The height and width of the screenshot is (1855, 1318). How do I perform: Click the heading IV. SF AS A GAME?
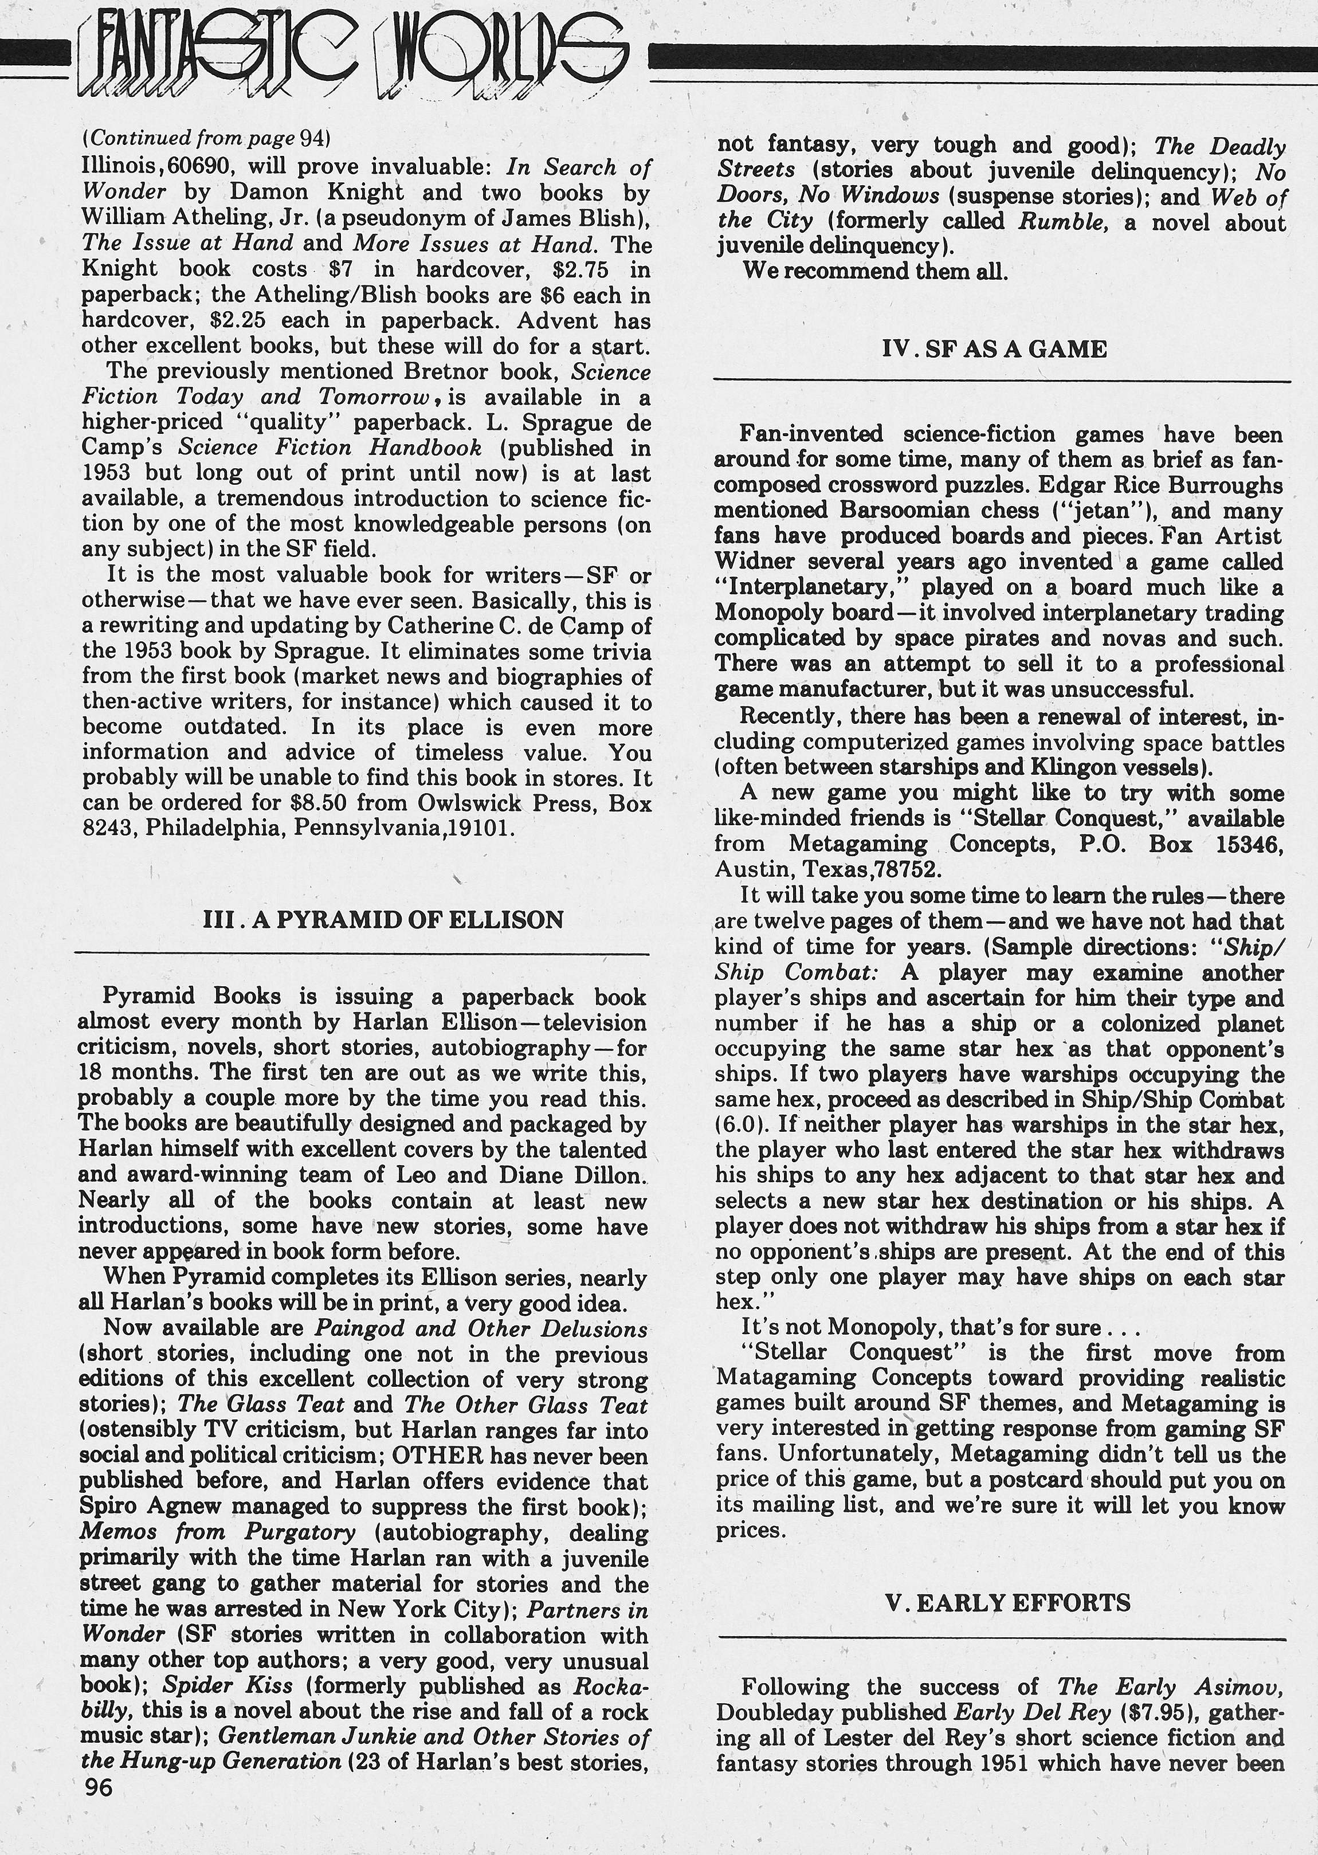click(994, 349)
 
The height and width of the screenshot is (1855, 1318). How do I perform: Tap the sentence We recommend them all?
click(875, 271)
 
